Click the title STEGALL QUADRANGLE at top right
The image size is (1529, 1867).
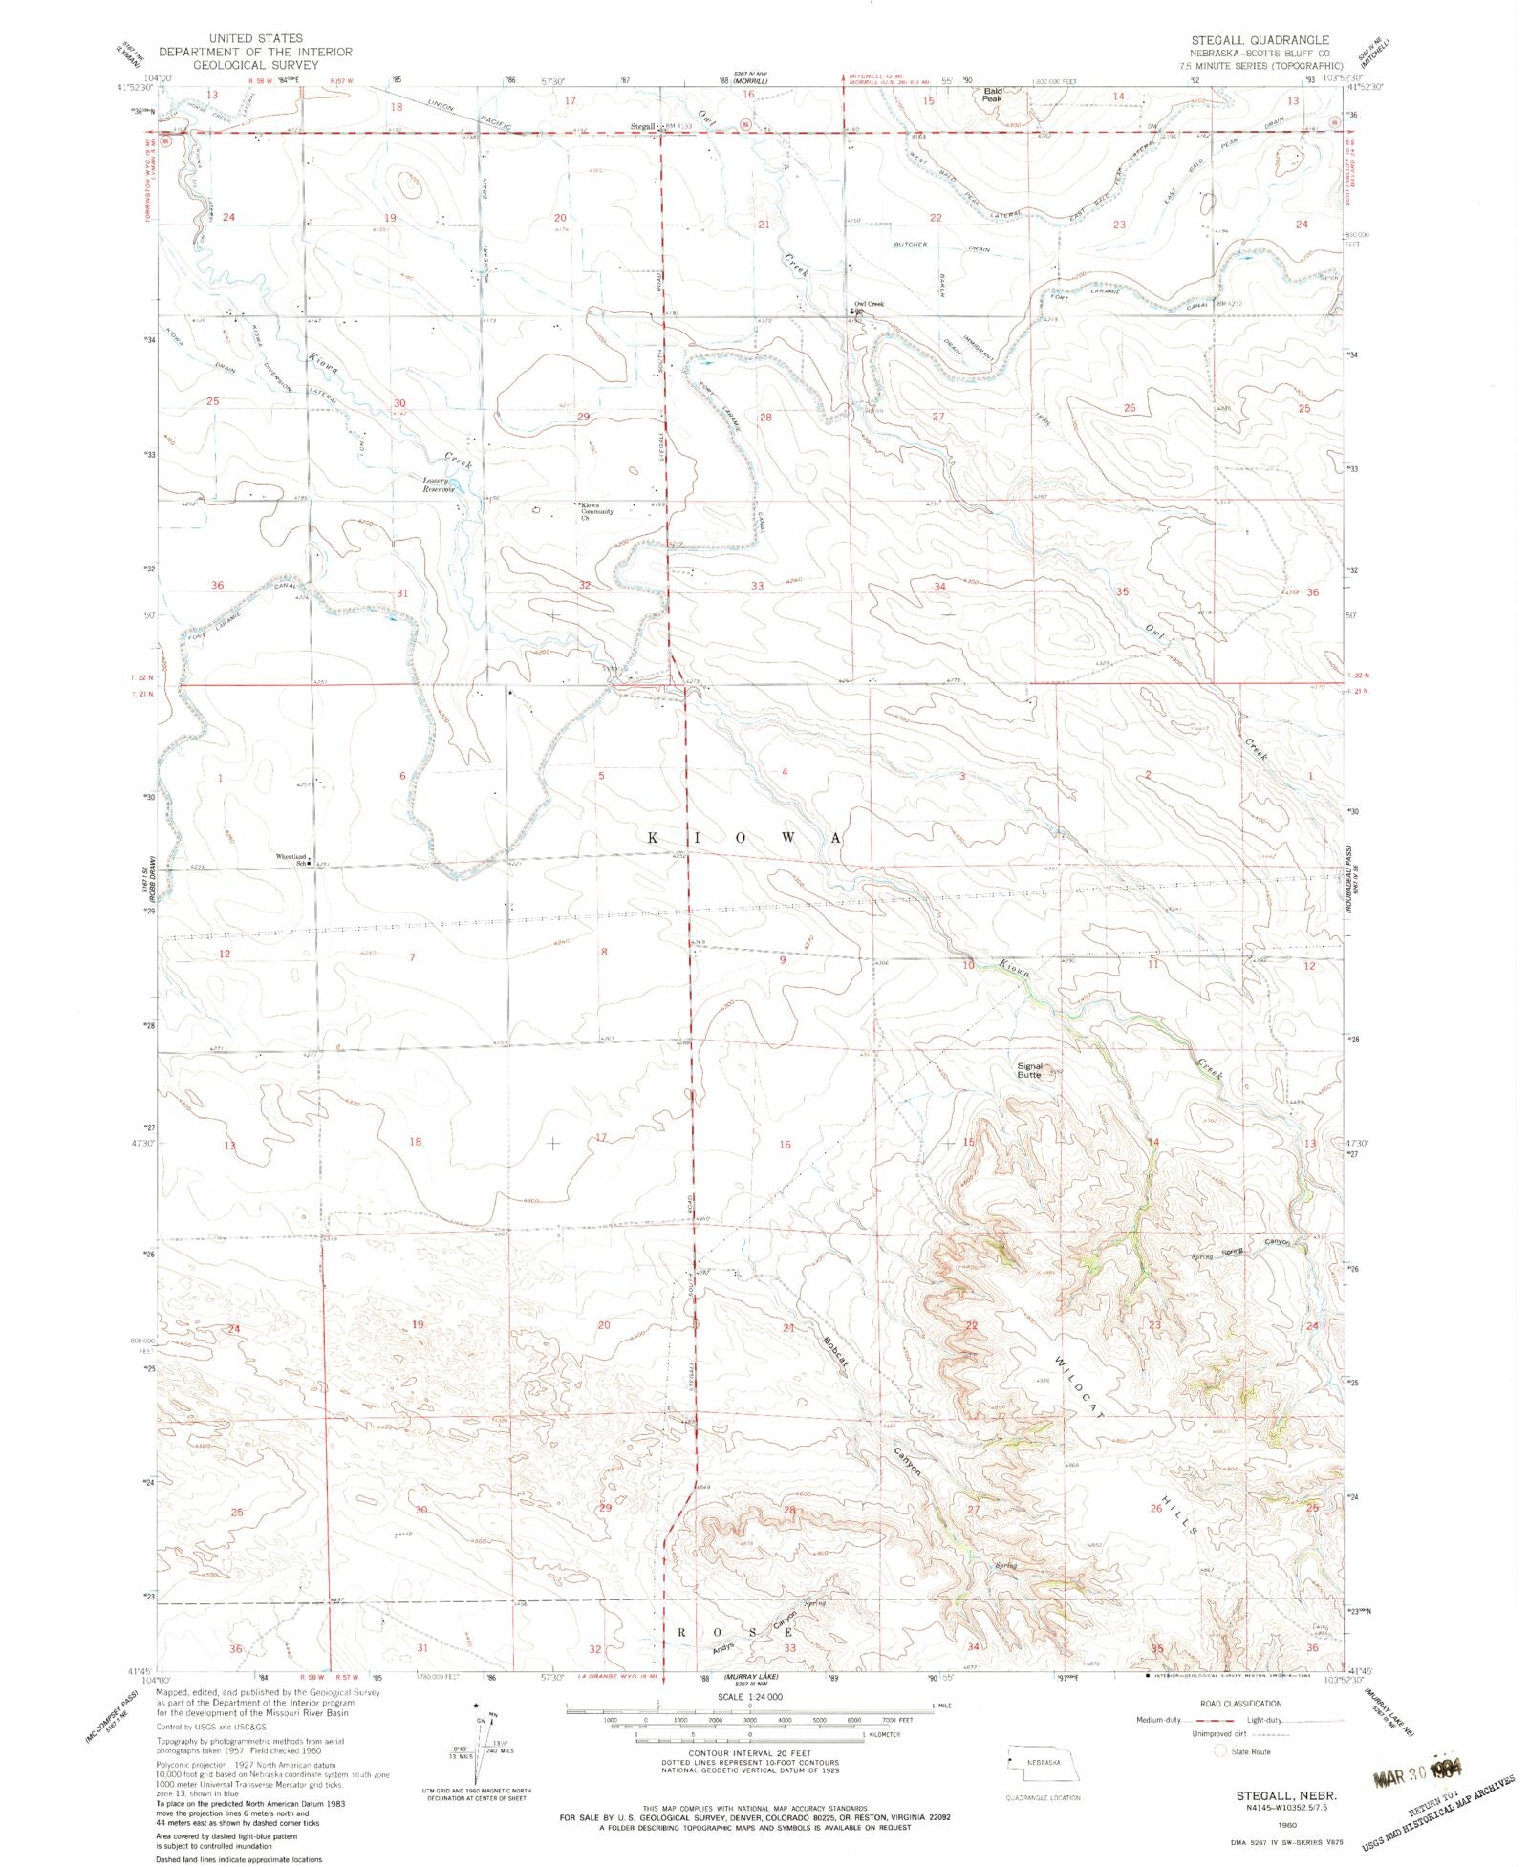point(1259,39)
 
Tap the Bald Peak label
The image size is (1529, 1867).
point(992,95)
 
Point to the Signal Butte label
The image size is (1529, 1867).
point(1029,1070)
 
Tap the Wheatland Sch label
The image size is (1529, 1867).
point(291,859)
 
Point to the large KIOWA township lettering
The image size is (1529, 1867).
point(745,838)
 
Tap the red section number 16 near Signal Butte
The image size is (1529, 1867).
point(785,1144)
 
